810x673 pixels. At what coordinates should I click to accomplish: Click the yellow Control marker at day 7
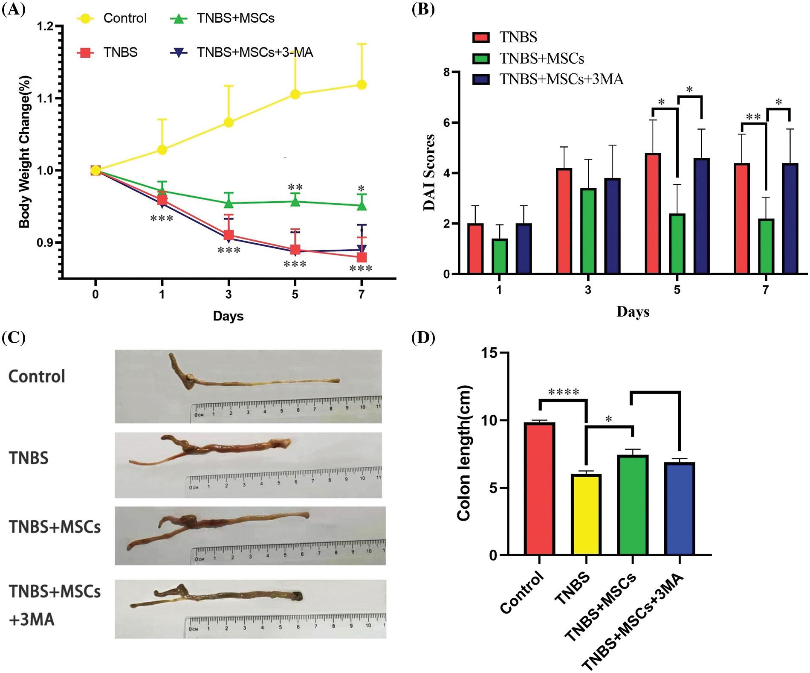362,85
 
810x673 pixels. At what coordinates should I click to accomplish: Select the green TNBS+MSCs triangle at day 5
295,201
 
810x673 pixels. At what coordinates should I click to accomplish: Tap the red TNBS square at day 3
229,235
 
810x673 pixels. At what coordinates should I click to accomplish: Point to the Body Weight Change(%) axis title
25,152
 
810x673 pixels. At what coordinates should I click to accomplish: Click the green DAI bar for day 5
677,244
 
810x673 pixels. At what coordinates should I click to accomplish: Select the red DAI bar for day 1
475,248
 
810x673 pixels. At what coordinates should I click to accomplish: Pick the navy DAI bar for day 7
790,219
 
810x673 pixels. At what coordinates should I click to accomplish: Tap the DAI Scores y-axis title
429,172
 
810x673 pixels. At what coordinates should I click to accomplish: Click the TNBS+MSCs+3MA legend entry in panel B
561,79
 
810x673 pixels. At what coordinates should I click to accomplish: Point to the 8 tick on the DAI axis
446,72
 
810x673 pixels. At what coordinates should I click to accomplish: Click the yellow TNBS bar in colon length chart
586,514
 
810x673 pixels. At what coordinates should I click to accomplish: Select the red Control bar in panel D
540,489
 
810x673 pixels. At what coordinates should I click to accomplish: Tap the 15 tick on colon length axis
489,353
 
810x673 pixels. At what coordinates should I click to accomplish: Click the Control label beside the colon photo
37,376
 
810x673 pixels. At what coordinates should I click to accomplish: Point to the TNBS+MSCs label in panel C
55,527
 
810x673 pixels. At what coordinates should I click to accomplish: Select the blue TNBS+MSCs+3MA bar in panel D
680,509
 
